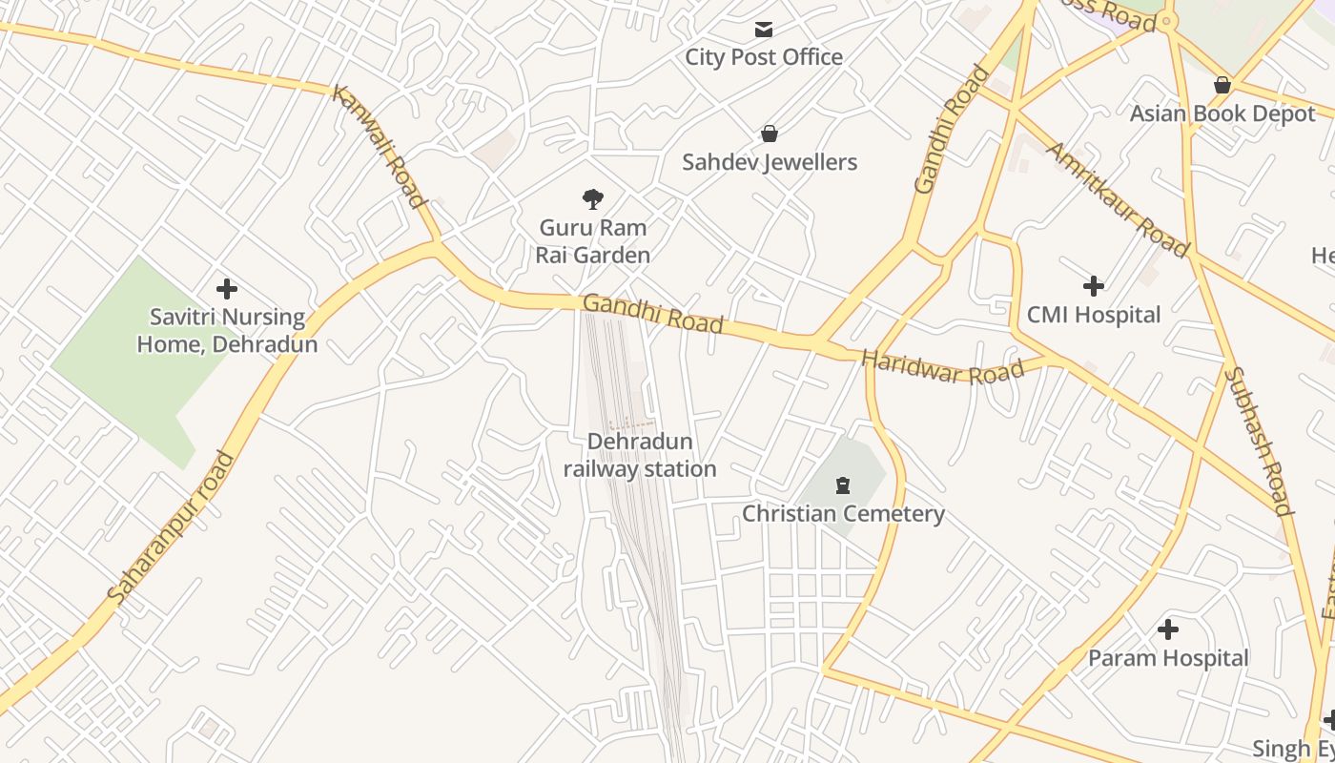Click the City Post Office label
click(764, 57)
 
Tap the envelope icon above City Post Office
click(764, 30)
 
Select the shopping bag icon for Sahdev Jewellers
click(770, 134)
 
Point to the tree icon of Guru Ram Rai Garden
click(593, 199)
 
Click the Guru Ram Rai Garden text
click(593, 241)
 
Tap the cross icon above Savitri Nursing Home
click(227, 288)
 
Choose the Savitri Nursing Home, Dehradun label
click(227, 330)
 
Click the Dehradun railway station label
click(640, 456)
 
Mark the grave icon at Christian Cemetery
click(842, 486)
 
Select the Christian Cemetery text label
click(843, 514)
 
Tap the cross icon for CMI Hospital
click(1094, 285)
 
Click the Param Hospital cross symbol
click(1168, 629)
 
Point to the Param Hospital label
click(1168, 658)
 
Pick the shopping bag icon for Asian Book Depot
click(1222, 86)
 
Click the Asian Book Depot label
click(1222, 113)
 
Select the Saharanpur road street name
click(171, 527)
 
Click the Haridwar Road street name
click(942, 367)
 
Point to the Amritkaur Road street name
click(1118, 199)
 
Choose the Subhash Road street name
click(1259, 441)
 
